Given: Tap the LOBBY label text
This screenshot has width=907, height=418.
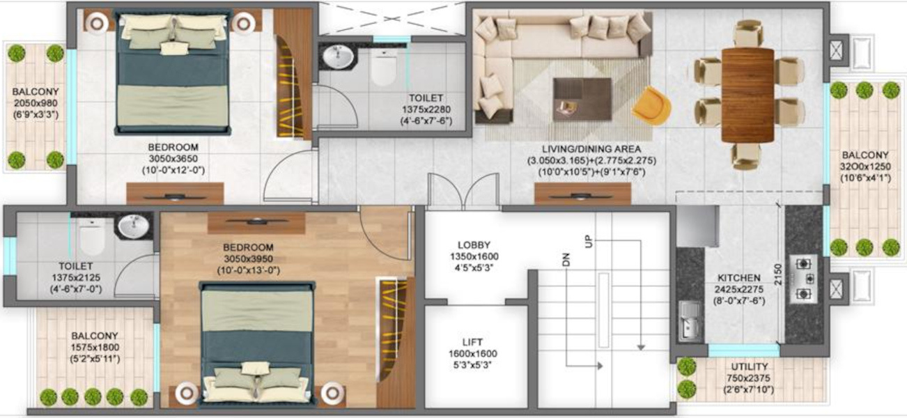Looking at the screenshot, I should tap(474, 245).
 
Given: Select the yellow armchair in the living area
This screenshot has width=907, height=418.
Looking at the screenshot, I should tap(651, 104).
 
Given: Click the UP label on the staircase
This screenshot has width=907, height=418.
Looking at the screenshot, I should tap(589, 242).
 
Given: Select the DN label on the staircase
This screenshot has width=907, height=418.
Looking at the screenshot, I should tap(566, 260).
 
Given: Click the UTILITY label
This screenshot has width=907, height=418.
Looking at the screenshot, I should tap(750, 367).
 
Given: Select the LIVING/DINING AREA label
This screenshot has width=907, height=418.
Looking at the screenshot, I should tap(591, 149).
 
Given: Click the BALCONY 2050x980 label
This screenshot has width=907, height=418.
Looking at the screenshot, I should tap(34, 92).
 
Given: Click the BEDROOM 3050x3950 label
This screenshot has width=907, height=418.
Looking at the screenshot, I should tap(248, 247).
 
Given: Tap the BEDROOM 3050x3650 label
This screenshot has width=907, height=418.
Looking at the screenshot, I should tap(173, 148).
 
